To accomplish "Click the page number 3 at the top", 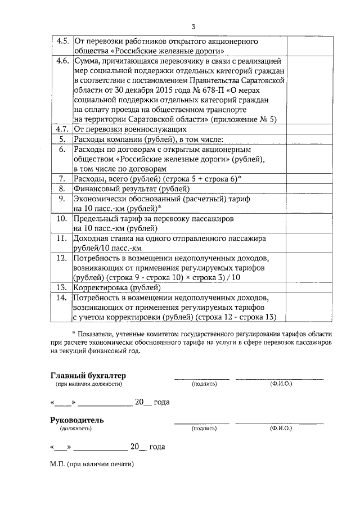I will coord(193,26).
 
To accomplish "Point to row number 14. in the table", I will coord(62,296).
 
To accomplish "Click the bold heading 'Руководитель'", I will coord(77,420).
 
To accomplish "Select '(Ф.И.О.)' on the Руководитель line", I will coord(280,429).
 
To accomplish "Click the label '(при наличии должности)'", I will coord(88,384).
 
